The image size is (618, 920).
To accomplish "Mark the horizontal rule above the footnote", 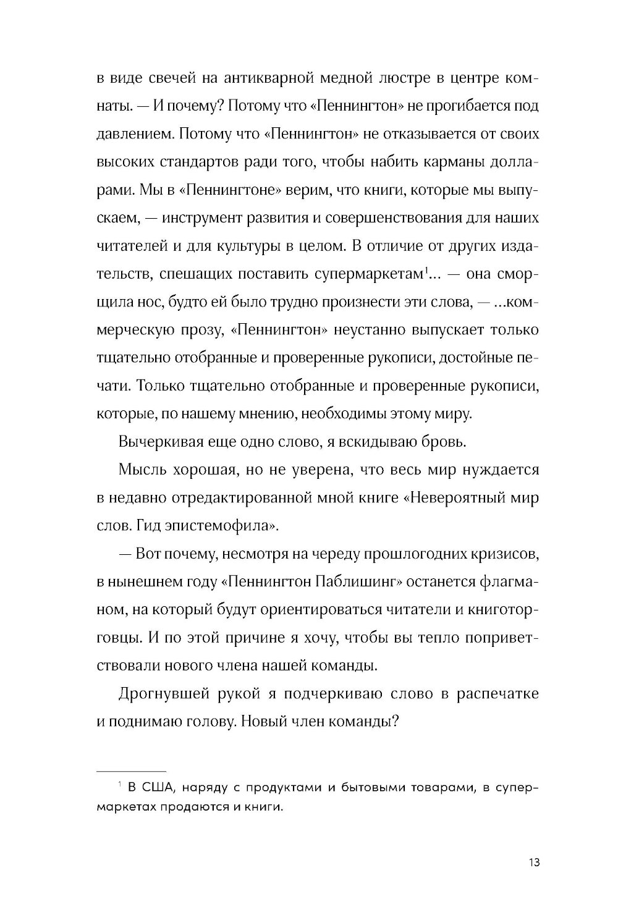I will click(x=132, y=771).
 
